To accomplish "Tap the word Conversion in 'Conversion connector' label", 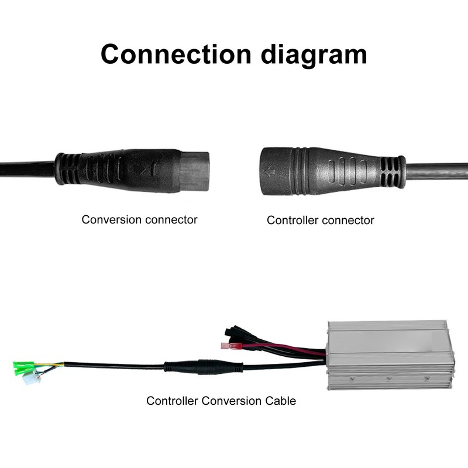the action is [x=111, y=220].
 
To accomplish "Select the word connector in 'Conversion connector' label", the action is [x=170, y=220].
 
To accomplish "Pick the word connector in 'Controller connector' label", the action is [x=347, y=221].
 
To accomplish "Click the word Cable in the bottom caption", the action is [x=280, y=401].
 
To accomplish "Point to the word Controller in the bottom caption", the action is [x=172, y=401].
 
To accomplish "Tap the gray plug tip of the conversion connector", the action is [x=194, y=170].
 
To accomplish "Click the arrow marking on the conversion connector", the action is [x=147, y=170].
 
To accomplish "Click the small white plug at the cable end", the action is [x=27, y=379].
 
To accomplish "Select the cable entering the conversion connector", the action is [x=26, y=168].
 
